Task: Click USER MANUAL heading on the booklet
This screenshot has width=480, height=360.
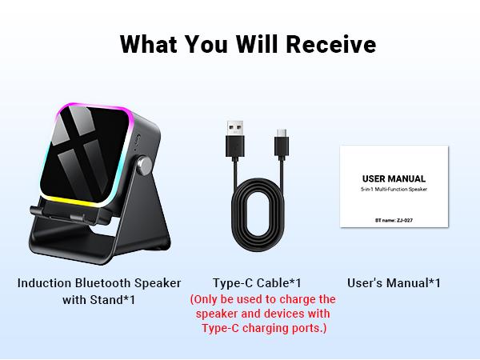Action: point(394,178)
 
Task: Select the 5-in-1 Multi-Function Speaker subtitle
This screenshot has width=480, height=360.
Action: point(394,190)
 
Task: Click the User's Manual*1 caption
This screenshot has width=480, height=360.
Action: point(394,283)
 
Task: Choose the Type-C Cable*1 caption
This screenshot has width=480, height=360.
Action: point(257,283)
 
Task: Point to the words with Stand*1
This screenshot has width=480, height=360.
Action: point(99,301)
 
